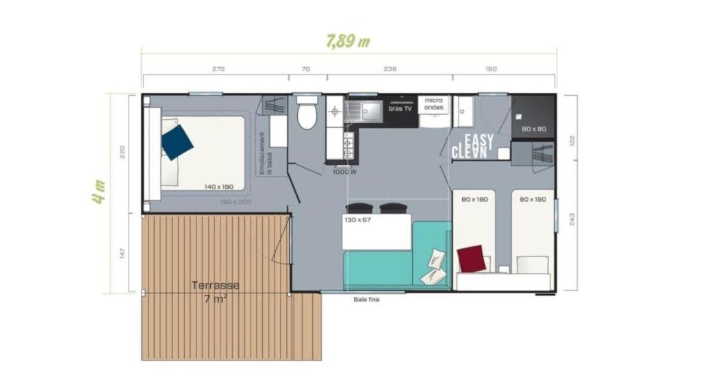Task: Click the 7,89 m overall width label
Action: click(x=348, y=41)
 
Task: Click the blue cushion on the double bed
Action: click(x=177, y=142)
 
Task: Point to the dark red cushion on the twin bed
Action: click(x=472, y=259)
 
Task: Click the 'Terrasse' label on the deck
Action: click(x=216, y=285)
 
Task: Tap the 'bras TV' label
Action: click(x=400, y=108)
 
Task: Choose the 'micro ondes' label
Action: click(x=434, y=103)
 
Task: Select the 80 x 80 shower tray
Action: click(x=533, y=129)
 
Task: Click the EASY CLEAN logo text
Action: click(x=473, y=146)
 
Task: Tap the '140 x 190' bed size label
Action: click(x=218, y=186)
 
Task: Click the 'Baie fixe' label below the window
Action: click(x=366, y=300)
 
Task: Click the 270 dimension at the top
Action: click(x=218, y=69)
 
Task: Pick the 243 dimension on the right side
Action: click(x=572, y=220)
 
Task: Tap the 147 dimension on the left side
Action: click(x=123, y=253)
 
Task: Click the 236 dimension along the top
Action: click(x=390, y=69)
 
